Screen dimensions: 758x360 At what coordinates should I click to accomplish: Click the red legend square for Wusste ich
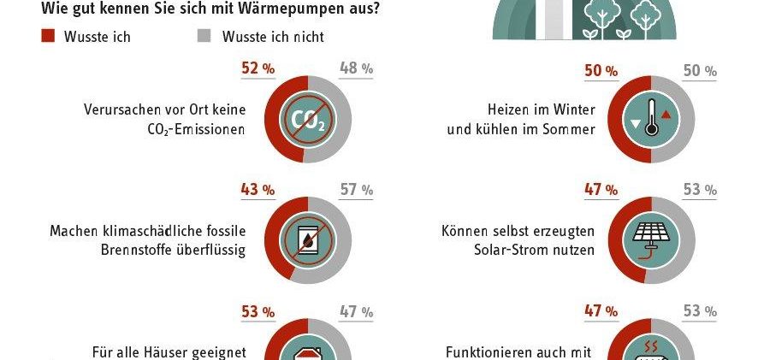(48, 36)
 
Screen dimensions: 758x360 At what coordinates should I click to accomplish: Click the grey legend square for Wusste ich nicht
(204, 36)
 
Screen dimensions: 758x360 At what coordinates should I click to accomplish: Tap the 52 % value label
(258, 68)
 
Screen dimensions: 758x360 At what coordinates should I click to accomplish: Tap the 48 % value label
(356, 68)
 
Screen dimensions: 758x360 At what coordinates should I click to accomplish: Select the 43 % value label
(258, 190)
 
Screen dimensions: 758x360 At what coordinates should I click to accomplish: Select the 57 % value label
(356, 190)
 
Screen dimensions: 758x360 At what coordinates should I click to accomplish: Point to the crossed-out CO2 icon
(308, 120)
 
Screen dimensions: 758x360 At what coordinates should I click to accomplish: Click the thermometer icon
(651, 117)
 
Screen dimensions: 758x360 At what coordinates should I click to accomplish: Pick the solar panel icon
(651, 239)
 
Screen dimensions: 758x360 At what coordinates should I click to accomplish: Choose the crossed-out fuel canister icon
(308, 240)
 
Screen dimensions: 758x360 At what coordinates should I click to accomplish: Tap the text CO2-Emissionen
(196, 129)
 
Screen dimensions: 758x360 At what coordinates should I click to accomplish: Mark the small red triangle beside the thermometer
(666, 115)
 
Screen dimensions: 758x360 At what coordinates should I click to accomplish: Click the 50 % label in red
(601, 71)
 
